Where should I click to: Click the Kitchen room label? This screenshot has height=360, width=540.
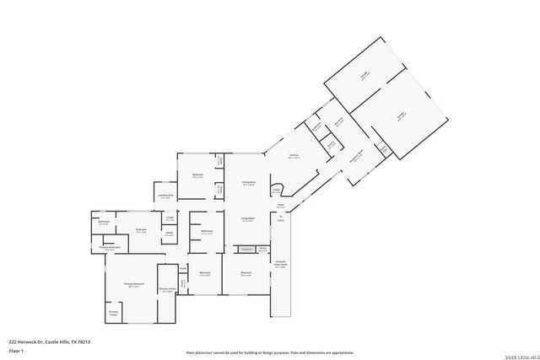pyautogui.click(x=293, y=156)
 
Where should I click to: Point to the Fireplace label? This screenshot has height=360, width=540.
pyautogui.click(x=246, y=249)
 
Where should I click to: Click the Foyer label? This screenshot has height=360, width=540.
pyautogui.click(x=279, y=205)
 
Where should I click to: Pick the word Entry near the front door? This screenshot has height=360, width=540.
pyautogui.click(x=280, y=220)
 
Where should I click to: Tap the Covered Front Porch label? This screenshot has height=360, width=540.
pyautogui.click(x=280, y=265)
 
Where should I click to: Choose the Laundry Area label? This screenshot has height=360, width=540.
pyautogui.click(x=166, y=196)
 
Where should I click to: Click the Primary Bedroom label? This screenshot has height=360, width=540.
pyautogui.click(x=133, y=284)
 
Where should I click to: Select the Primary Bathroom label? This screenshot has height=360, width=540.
pyautogui.click(x=109, y=248)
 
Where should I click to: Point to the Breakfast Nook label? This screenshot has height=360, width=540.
pyautogui.click(x=356, y=153)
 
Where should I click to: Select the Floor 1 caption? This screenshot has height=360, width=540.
pyautogui.click(x=14, y=350)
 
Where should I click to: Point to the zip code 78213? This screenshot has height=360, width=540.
pyautogui.click(x=85, y=341)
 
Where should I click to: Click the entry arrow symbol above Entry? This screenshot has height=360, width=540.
pyautogui.click(x=279, y=215)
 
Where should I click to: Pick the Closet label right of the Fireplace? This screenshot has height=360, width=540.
pyautogui.click(x=263, y=249)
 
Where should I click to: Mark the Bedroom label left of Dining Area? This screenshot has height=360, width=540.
pyautogui.click(x=198, y=175)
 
